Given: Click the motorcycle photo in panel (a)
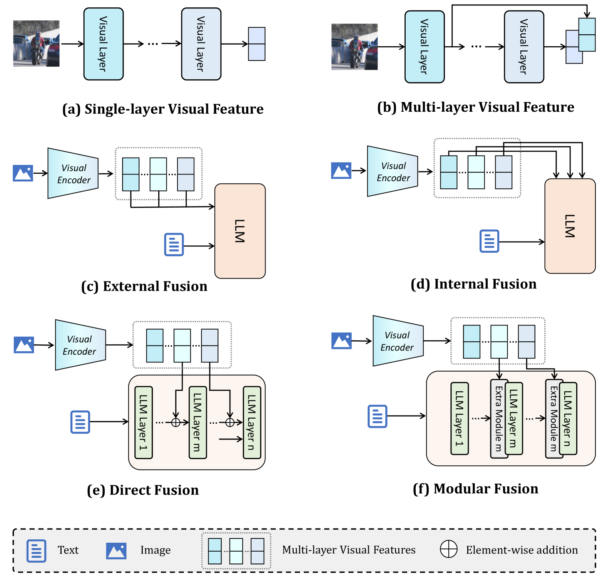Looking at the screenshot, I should [36, 44].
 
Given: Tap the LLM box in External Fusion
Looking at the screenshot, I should [240, 231].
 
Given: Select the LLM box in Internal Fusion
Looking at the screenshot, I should [570, 226].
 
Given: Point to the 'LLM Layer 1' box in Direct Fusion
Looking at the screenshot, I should [144, 423].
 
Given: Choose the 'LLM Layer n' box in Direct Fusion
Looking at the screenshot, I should [252, 423].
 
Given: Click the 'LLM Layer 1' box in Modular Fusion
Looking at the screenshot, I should [459, 419].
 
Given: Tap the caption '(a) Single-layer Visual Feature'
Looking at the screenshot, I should [163, 109].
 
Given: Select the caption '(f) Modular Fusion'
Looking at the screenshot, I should [475, 489].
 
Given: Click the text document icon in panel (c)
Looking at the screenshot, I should [174, 245].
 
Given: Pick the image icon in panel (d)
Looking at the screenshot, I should [341, 171].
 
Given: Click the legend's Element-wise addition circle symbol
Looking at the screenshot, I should [448, 549].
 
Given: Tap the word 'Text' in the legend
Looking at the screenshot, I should [68, 550].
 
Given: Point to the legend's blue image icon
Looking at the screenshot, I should [116, 551].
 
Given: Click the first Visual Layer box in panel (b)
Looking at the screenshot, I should [424, 47].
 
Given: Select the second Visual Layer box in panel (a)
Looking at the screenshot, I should [201, 44].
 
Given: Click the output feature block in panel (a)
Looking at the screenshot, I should [257, 44].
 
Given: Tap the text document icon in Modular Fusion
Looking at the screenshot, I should [377, 416].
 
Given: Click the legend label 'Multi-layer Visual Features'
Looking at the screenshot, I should [349, 550].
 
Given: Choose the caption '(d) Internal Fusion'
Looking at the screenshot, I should [473, 284].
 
